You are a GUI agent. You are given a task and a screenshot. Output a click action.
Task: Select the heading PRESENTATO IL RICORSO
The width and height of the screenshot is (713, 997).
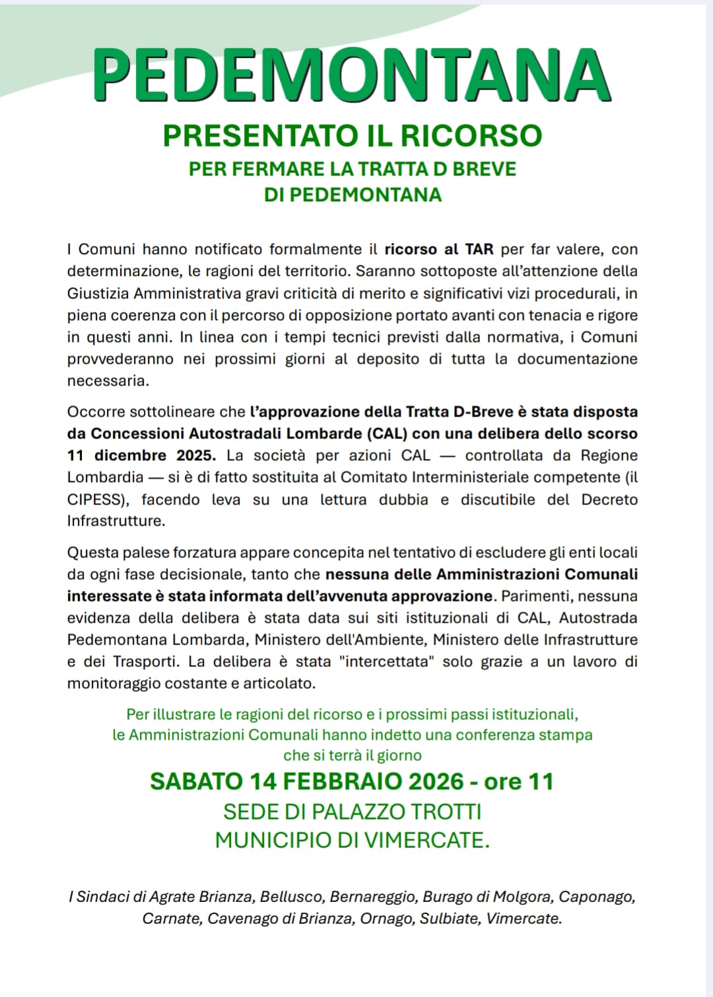[352, 136]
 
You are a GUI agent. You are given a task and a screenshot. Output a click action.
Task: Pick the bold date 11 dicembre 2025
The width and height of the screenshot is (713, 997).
[141, 456]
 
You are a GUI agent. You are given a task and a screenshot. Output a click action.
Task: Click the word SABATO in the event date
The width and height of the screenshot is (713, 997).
[196, 782]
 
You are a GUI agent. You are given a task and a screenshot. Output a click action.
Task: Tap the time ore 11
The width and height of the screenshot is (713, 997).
[519, 782]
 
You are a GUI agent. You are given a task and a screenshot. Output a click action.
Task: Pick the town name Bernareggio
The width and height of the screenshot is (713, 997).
[372, 897]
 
